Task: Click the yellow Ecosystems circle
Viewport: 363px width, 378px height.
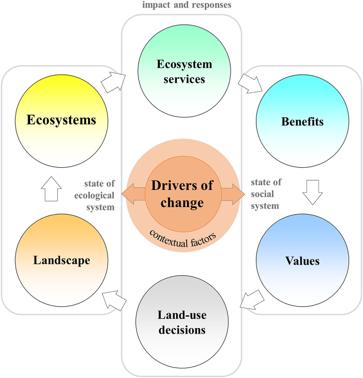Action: tap(61, 120)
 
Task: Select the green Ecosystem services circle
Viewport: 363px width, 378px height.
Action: tap(184, 71)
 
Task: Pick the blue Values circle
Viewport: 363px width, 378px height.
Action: tap(303, 261)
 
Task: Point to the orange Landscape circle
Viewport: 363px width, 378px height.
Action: tap(61, 260)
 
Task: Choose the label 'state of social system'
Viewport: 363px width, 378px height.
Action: tap(267, 194)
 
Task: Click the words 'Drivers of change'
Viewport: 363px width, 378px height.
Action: tap(184, 194)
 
